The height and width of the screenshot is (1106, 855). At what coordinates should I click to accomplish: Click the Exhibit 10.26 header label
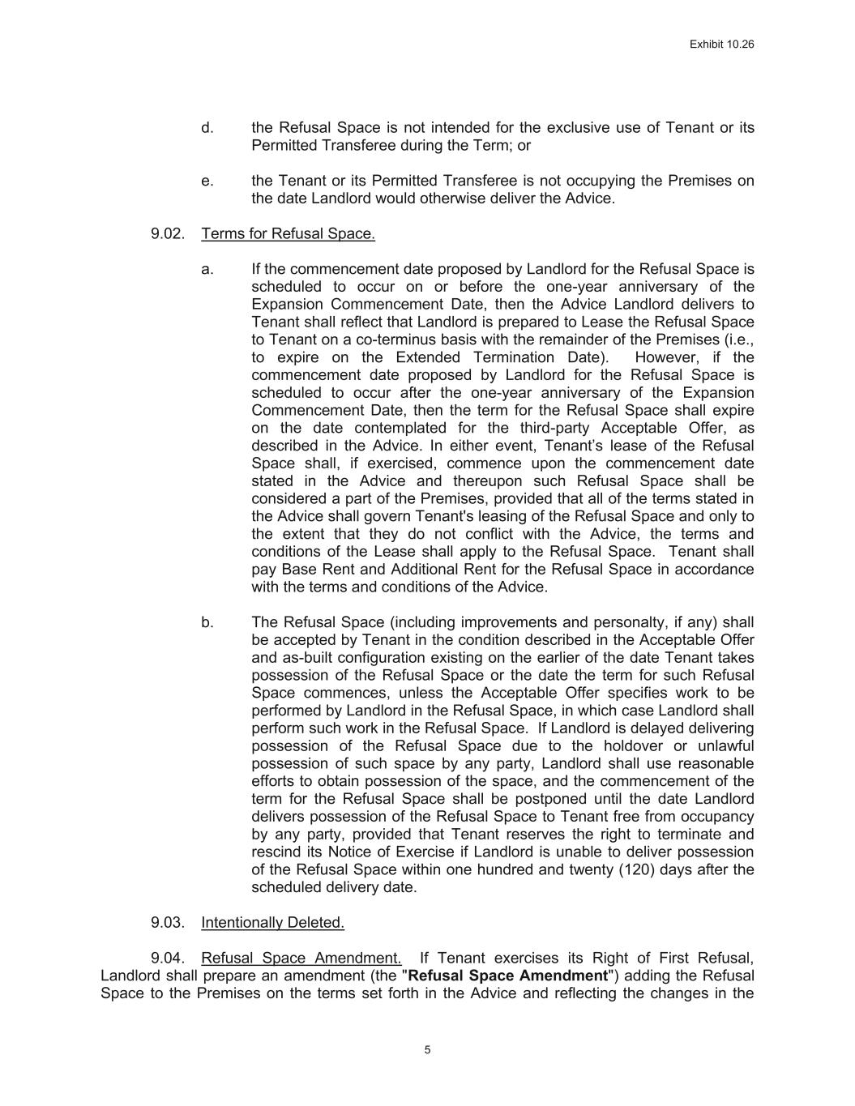click(x=721, y=45)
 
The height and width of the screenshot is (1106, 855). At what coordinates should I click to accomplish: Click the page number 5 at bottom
click(x=427, y=1050)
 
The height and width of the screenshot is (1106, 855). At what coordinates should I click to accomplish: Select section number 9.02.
click(x=168, y=234)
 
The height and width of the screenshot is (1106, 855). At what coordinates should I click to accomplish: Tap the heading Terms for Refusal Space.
click(x=288, y=234)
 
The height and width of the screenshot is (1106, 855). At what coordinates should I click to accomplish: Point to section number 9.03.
click(x=168, y=922)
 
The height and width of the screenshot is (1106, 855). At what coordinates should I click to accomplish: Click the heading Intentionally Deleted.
click(x=272, y=922)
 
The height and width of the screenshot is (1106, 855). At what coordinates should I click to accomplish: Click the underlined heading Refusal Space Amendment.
click(x=301, y=958)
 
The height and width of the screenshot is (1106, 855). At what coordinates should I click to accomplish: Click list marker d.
click(x=207, y=128)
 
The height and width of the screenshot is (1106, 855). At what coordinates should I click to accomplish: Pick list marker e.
click(x=207, y=181)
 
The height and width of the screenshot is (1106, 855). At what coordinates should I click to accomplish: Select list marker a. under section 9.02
click(x=207, y=269)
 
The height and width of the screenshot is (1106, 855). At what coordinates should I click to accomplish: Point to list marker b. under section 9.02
click(x=207, y=622)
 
